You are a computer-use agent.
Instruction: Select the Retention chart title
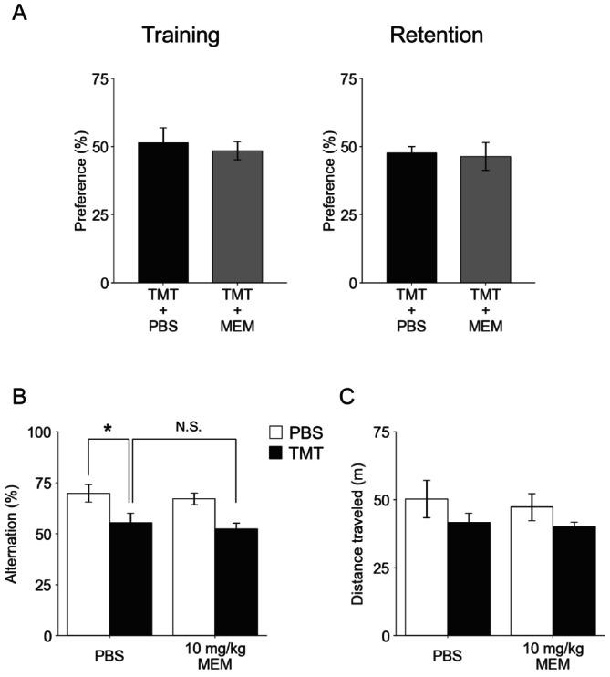click(x=436, y=37)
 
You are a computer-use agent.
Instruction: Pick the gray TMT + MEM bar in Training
click(x=237, y=217)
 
